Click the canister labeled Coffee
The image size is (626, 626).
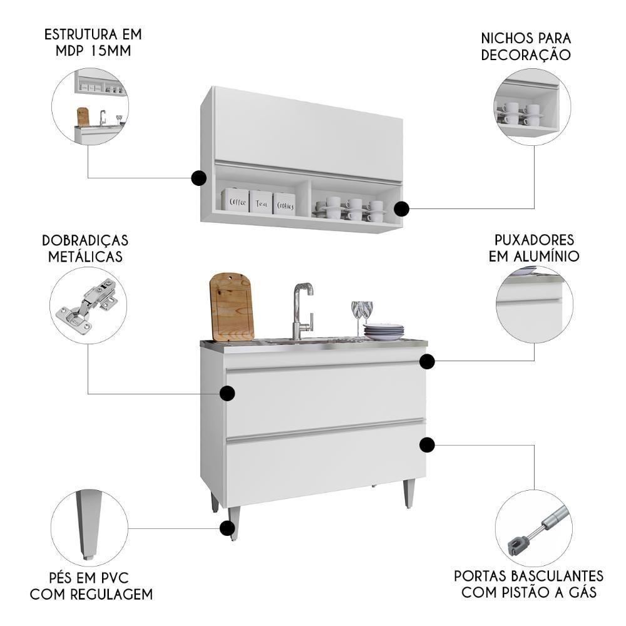pos(236,200)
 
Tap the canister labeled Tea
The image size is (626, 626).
pos(261,202)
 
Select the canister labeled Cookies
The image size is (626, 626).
pos(284,203)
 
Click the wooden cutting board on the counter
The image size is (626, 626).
pos(231,307)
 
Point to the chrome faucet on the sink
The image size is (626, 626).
pos(302,310)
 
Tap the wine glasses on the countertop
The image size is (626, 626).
pos(362,315)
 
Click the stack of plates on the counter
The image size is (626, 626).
pos(384,332)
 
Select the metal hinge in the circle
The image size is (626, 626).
pos(87,305)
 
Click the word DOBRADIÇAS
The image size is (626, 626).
pos(85,241)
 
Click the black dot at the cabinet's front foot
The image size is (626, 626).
pos(227,528)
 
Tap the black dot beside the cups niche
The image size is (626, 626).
pos(401,208)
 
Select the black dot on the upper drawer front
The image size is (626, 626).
pos(227,393)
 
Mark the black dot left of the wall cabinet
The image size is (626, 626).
pos(198,178)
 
